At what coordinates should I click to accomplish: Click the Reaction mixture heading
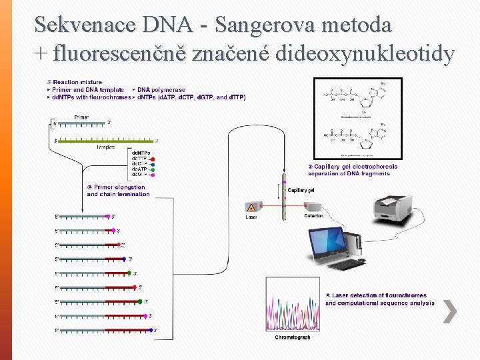click(77, 82)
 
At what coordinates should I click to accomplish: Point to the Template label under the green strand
click(106, 147)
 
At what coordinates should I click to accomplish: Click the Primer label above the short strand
click(81, 117)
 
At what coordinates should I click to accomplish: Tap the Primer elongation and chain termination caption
click(118, 191)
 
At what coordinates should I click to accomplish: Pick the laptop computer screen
click(331, 239)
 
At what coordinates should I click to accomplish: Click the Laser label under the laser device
click(251, 216)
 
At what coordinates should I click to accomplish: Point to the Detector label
click(313, 216)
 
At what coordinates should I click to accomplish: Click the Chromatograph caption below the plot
click(293, 337)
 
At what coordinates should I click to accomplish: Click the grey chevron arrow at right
click(450, 311)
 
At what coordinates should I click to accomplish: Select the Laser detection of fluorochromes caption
click(379, 299)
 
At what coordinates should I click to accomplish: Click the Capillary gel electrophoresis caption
click(353, 170)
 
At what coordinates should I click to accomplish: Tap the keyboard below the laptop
click(347, 265)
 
